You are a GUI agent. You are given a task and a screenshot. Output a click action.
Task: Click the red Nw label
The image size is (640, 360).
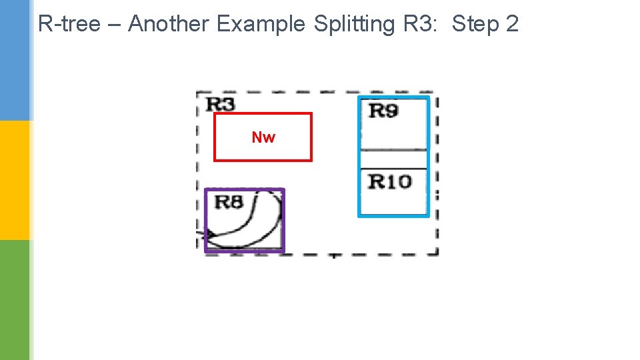coord(263,137)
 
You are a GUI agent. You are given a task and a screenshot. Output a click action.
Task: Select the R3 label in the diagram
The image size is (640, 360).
coord(220,104)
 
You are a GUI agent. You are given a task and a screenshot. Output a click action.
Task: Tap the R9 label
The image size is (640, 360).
coord(383,110)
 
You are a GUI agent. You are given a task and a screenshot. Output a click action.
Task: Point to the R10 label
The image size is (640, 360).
coord(390,181)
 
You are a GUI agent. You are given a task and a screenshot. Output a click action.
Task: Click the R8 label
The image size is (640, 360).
coord(229,201)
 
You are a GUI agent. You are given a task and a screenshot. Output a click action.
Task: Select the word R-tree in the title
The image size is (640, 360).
coord(69,24)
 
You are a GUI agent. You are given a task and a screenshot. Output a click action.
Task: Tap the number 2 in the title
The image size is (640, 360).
coord(512,24)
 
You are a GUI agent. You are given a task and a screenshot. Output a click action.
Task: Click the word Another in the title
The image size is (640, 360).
coord(168,24)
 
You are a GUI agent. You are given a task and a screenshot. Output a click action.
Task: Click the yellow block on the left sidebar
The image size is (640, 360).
coord(15,180)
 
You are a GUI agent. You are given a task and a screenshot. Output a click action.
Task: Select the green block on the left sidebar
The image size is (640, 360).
coord(15,300)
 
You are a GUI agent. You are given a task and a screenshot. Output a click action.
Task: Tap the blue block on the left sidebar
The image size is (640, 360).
coord(15,60)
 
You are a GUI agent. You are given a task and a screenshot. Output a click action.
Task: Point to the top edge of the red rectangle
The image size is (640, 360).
coord(263,114)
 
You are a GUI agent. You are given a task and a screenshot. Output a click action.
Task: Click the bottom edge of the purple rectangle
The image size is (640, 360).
coord(244,251)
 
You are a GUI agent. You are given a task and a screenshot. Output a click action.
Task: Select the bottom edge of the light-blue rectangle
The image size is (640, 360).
coord(393,215)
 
